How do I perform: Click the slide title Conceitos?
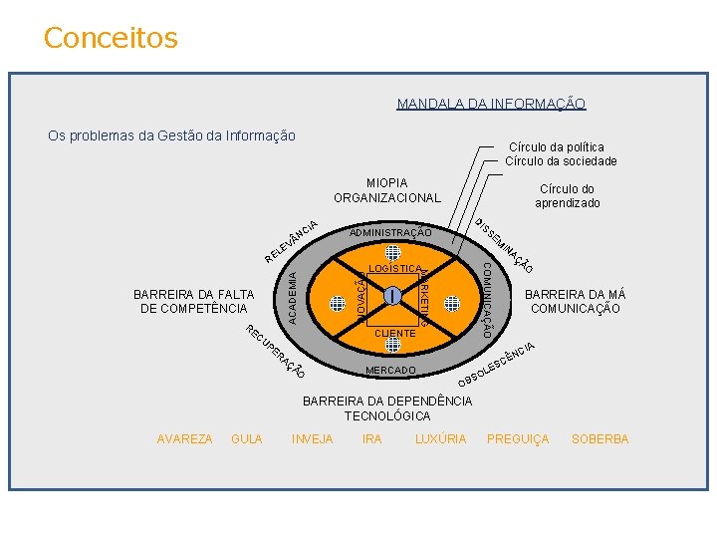coord(111,38)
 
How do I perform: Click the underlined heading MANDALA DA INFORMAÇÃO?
coord(491,104)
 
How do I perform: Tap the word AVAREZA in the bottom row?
coord(184,439)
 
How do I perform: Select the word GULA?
coord(247,439)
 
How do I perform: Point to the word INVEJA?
coord(313,439)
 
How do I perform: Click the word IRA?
coord(372,439)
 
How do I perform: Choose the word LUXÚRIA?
coord(440,439)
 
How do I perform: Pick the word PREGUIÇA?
coord(518,439)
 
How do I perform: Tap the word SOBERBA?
coord(600,439)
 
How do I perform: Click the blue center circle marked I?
coord(394,296)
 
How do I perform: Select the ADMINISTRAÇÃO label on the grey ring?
coord(390,233)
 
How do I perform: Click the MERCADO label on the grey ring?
coord(390,371)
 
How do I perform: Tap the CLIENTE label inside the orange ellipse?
coord(395,334)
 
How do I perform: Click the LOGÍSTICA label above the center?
coord(394,269)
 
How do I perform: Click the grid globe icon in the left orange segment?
coord(339,302)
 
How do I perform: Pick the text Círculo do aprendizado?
coord(567,196)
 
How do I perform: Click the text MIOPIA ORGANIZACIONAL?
coord(386,190)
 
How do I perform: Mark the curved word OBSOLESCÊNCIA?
coord(496,367)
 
